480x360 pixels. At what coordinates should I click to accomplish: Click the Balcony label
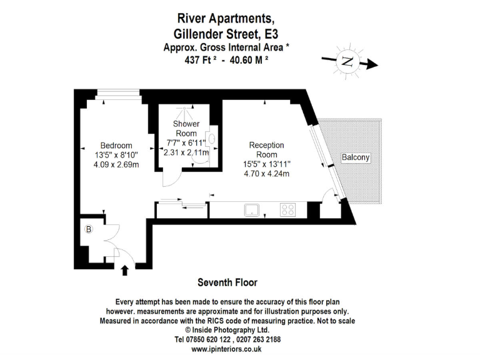[356, 157]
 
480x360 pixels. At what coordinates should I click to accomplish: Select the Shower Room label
[186, 129]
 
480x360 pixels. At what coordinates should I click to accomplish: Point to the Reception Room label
[266, 150]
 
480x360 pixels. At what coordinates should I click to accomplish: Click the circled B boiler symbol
[89, 229]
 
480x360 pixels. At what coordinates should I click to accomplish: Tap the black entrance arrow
[124, 270]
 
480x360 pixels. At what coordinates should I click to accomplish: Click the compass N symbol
[347, 61]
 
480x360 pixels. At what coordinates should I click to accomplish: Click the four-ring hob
[288, 210]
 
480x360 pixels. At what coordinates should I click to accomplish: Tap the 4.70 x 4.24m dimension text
[266, 174]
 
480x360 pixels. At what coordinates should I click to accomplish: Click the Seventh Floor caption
[227, 282]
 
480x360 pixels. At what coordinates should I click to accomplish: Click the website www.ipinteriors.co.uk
[227, 349]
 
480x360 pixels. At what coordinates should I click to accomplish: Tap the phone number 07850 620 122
[197, 339]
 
